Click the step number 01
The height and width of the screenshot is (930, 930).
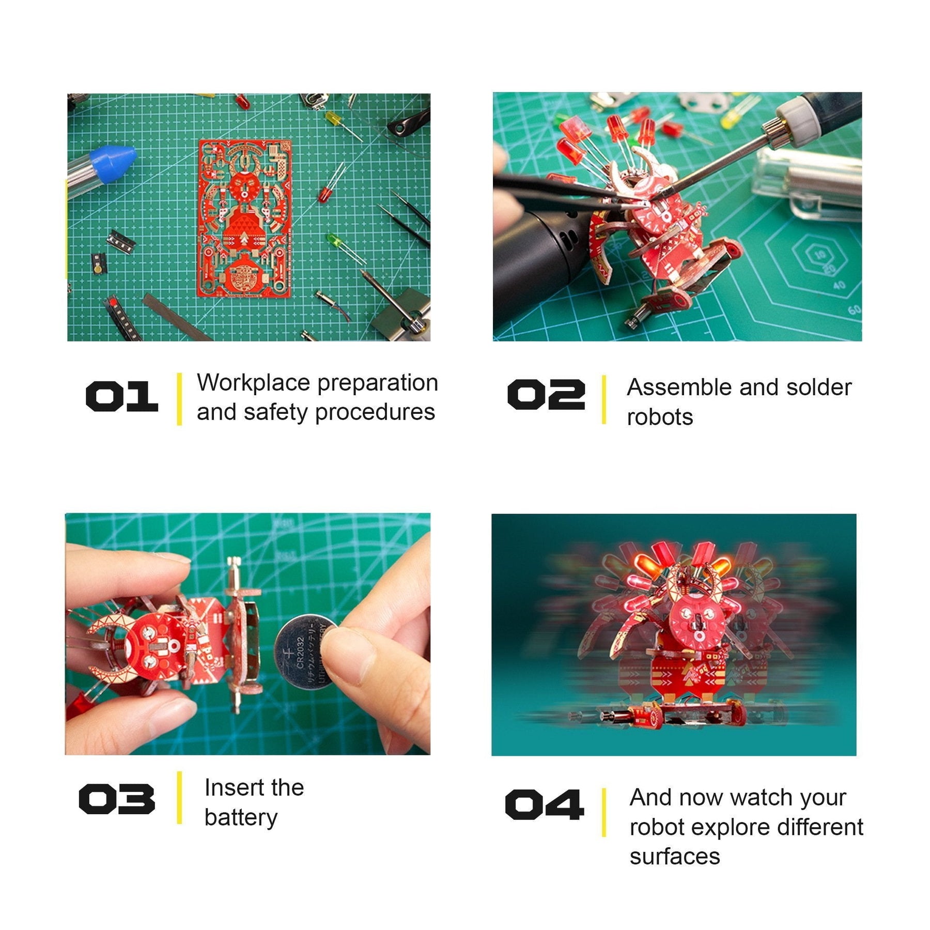pos(122,396)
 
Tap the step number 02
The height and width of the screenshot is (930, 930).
pos(546,395)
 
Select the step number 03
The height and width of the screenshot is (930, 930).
pos(117,799)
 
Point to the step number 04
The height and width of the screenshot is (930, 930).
pos(545,804)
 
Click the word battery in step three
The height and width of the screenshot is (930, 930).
pos(241,818)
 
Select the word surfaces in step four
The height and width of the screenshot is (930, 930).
pos(675,857)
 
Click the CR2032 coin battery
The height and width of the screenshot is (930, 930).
pos(305,652)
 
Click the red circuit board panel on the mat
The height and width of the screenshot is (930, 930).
pos(245,218)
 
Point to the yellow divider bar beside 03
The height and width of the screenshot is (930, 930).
pos(179,798)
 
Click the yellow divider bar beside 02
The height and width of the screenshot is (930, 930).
pos(603,399)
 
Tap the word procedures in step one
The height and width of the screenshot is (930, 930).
pos(375,413)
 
